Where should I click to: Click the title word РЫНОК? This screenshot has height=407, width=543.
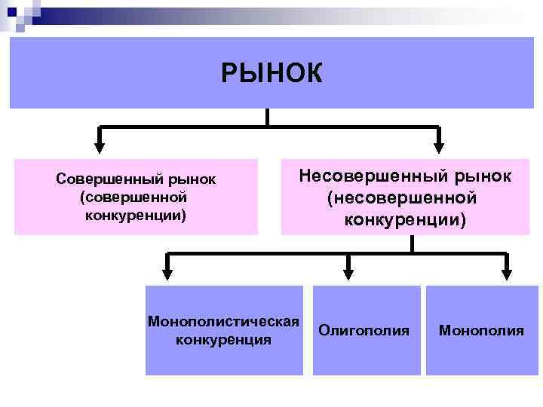(271, 73)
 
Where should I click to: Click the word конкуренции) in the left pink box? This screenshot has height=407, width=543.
(136, 216)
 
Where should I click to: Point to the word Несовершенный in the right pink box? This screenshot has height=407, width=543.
(367, 176)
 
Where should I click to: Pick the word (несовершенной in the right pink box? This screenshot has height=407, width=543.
(403, 198)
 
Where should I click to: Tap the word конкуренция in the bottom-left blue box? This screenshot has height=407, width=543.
(223, 339)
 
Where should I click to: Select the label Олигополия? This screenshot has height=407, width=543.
(364, 330)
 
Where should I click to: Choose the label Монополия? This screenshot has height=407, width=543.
(481, 330)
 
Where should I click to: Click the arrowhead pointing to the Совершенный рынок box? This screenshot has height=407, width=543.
(100, 148)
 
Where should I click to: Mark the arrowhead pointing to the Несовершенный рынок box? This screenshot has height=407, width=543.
(440, 148)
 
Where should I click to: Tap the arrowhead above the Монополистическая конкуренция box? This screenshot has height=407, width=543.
(167, 274)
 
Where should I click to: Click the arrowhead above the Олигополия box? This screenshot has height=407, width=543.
(348, 274)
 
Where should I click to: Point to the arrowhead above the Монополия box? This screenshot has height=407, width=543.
(507, 274)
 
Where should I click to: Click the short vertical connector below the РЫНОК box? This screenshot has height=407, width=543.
(268, 117)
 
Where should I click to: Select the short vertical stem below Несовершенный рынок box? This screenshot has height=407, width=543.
(412, 243)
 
